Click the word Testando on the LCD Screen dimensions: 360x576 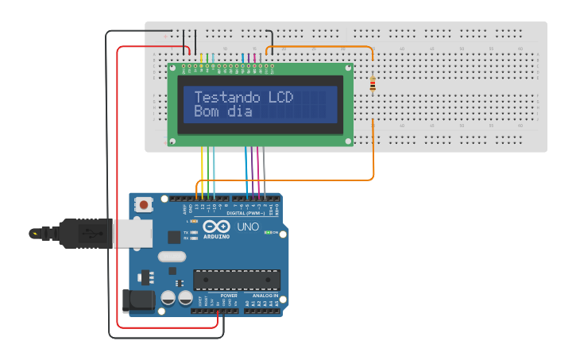tap(228, 98)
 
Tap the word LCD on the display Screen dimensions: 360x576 tap(280, 98)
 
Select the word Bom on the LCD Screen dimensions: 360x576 tap(206, 112)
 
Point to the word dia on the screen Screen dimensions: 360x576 tap(239, 112)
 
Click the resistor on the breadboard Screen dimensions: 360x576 tap(373, 84)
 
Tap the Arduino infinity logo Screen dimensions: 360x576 tap(216, 227)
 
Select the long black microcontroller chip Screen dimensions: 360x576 tap(237, 280)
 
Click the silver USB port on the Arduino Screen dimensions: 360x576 tap(131, 234)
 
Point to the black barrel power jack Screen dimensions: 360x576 tap(137, 300)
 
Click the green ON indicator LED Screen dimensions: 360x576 tap(269, 233)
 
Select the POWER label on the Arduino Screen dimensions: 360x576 tap(229, 296)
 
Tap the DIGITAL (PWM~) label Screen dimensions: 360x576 tap(246, 213)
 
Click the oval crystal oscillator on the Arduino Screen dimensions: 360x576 tap(172, 256)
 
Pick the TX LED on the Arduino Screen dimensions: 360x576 tap(194, 231)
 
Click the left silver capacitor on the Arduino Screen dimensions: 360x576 tap(168, 298)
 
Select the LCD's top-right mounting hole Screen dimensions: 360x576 tap(347, 69)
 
